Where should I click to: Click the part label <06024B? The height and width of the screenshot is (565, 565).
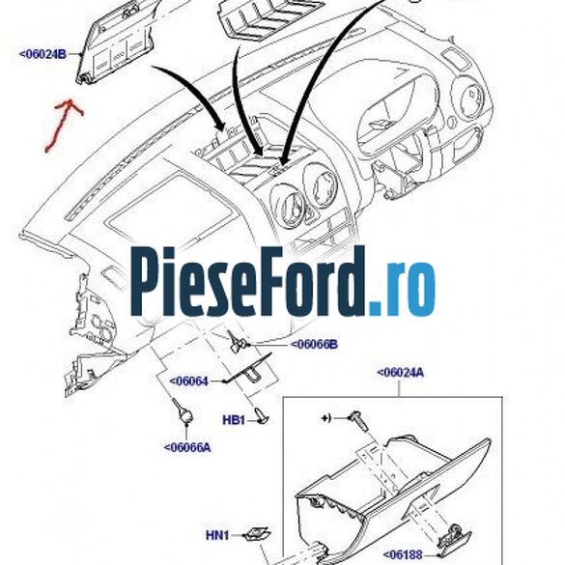(x=42, y=54)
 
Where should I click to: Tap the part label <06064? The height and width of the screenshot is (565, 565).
(x=189, y=381)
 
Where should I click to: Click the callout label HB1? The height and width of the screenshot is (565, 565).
(x=234, y=420)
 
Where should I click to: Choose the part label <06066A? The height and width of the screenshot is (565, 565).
(x=186, y=446)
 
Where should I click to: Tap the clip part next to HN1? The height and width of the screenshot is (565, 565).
(x=253, y=533)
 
